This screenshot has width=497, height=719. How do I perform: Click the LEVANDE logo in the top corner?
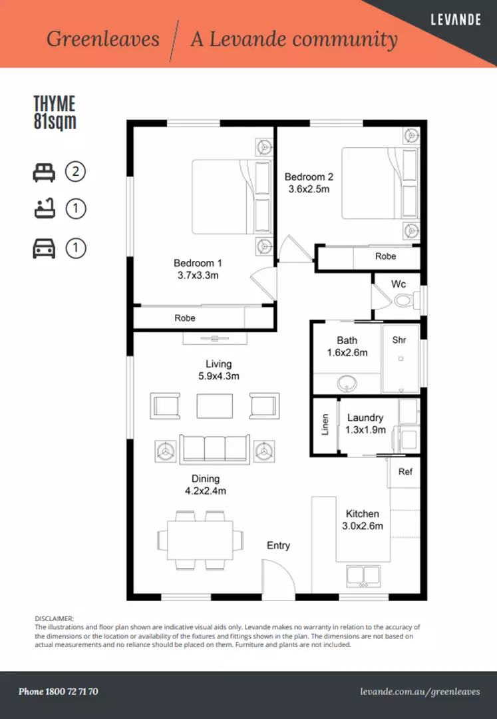456,20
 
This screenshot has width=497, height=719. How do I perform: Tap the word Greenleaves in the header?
102,39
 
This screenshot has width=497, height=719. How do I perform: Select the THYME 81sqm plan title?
55,113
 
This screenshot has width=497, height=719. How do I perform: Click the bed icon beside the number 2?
44,172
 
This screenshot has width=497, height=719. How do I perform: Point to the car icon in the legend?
44,248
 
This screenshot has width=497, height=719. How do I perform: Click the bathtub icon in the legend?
44,210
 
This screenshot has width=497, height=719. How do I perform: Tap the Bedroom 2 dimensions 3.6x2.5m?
309,189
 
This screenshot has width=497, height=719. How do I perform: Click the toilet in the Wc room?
404,301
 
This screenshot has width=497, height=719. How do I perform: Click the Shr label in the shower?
399,340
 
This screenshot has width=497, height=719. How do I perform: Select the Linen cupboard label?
325,424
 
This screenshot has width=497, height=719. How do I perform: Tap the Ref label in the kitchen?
405,471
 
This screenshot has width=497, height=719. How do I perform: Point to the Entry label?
278,545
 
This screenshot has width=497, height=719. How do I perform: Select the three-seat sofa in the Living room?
214,449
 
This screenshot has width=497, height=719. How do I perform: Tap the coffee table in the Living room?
214,406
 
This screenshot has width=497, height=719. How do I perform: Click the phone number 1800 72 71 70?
59,692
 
